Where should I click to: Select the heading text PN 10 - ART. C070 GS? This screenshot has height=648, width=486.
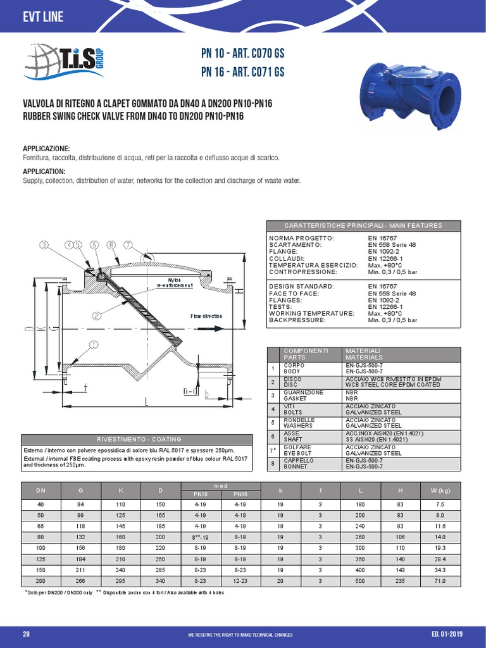coord(242,55)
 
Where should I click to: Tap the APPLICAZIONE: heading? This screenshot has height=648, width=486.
coord(46,148)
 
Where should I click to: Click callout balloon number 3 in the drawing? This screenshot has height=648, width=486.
coord(44,244)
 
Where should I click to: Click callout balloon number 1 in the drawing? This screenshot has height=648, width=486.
coord(93,345)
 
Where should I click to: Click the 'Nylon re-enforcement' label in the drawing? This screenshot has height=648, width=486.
coord(175,282)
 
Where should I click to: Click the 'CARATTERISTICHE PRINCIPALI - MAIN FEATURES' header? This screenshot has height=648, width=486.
coord(363,225)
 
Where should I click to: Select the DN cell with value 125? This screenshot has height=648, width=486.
coord(40,559)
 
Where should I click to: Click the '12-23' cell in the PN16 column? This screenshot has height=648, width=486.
coord(240,580)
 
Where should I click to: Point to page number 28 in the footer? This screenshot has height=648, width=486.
coord(26,635)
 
